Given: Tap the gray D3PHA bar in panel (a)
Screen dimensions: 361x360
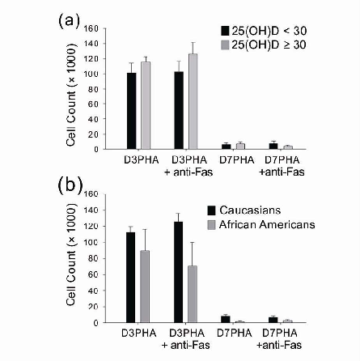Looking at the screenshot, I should click(x=146, y=105).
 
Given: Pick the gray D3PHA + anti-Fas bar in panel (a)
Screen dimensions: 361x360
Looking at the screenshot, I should click(x=193, y=101).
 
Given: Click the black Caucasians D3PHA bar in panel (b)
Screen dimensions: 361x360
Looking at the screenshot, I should click(x=131, y=277).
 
